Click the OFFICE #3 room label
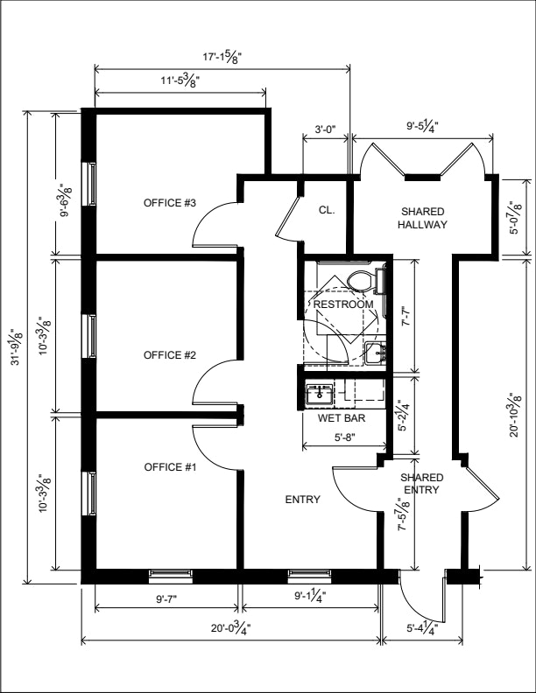point(170,203)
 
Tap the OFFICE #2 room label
point(170,355)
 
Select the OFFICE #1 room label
point(170,467)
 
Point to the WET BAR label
point(342,417)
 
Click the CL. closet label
point(328,210)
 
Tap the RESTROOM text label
point(343,304)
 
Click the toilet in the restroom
point(367,280)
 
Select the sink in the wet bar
point(320,394)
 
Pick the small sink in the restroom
point(376,353)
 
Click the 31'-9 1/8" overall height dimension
point(18,346)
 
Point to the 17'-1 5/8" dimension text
point(222,57)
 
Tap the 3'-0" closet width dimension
point(326,129)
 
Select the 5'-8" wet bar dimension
point(345,437)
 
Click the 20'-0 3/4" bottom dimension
point(231,627)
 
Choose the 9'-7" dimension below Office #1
point(166,599)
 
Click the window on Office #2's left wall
point(92,336)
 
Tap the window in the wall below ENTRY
point(309,574)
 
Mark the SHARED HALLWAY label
point(422,218)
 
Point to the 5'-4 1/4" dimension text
point(422,627)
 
